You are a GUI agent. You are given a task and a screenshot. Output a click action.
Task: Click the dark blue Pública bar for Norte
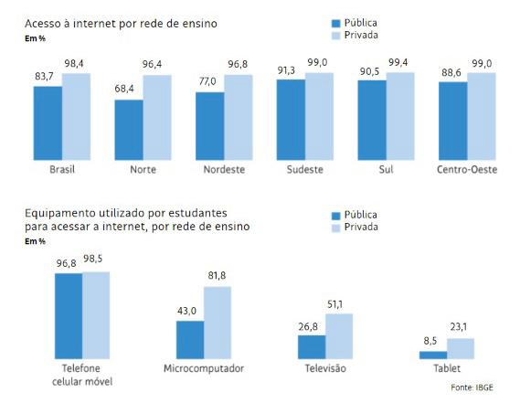coord(129,130)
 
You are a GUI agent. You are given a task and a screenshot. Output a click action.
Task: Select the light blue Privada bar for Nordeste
coord(239,117)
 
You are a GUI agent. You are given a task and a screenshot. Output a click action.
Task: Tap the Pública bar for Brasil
coord(48,123)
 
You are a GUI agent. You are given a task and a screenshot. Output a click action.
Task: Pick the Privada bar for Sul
coord(400,116)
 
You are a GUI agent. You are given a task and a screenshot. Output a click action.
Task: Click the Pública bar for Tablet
coord(433,355)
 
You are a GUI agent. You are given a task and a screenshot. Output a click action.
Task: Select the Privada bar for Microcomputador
coord(218,323)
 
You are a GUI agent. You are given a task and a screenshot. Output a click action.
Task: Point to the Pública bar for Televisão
coord(312,347)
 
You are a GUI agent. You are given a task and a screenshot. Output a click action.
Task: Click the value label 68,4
coord(124,89)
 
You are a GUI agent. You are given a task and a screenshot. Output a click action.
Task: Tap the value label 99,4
coord(398,62)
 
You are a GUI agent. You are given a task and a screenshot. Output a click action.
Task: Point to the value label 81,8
coord(217,276)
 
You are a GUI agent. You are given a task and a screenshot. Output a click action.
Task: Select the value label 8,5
coord(430,341)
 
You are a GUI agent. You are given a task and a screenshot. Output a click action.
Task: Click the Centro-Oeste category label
coord(467,169)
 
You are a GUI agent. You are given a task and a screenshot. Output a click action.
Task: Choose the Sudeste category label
coord(304,169)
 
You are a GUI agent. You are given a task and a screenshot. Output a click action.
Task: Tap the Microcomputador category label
coord(204,368)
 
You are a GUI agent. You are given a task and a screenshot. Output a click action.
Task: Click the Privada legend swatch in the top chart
coord(336,36)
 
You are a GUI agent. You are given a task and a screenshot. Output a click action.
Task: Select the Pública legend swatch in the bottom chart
coord(336,216)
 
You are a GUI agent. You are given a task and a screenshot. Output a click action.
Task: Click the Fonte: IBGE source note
coord(472,387)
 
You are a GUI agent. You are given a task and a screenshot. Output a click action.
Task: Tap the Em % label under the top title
coord(35,38)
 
